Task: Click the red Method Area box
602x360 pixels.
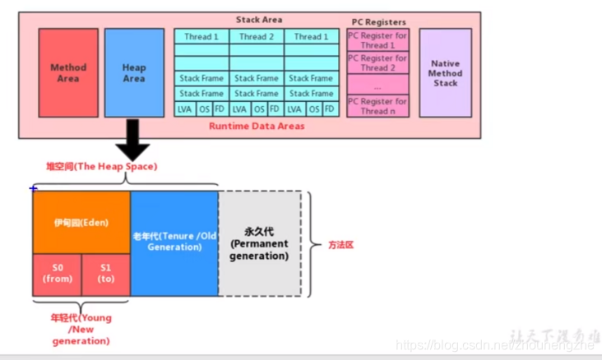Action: tap(68, 73)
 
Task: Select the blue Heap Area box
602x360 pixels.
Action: tap(134, 73)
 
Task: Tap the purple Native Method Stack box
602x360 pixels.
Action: tap(445, 73)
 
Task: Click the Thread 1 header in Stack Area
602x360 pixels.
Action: tap(201, 36)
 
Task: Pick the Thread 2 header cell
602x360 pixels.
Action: tap(257, 36)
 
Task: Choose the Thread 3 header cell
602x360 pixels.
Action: tap(311, 36)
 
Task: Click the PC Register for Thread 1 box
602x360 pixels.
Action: tap(377, 40)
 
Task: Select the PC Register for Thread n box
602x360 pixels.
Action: tap(377, 106)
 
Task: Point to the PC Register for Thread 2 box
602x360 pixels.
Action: tap(377, 62)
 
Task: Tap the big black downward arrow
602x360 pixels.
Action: tap(132, 140)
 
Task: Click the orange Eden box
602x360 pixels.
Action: tap(81, 223)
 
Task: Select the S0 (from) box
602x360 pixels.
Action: tap(58, 275)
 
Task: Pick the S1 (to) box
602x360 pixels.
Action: tap(106, 275)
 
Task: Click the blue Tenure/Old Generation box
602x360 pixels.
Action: tap(174, 242)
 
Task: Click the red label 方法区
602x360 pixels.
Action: tap(341, 245)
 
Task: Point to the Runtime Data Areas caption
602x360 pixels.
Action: tap(257, 127)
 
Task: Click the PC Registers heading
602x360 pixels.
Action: tap(377, 22)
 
